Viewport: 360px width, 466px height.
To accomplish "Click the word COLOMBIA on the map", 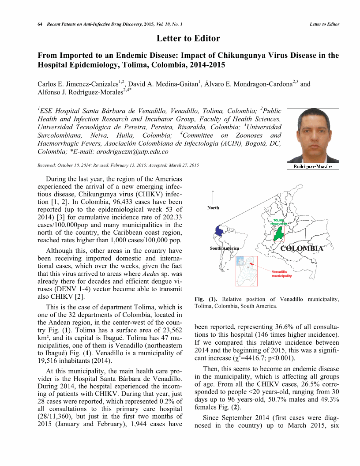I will click(302, 248).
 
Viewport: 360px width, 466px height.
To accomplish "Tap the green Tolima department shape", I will click(278, 234).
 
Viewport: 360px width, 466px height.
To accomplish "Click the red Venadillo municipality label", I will click(282, 274).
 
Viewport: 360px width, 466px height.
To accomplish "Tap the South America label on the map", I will click(224, 248).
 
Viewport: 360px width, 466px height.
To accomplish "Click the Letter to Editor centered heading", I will click(188, 38).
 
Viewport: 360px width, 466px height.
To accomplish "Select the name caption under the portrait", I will click(313, 166).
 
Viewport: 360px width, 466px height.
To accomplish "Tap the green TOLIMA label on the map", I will click(278, 220).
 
